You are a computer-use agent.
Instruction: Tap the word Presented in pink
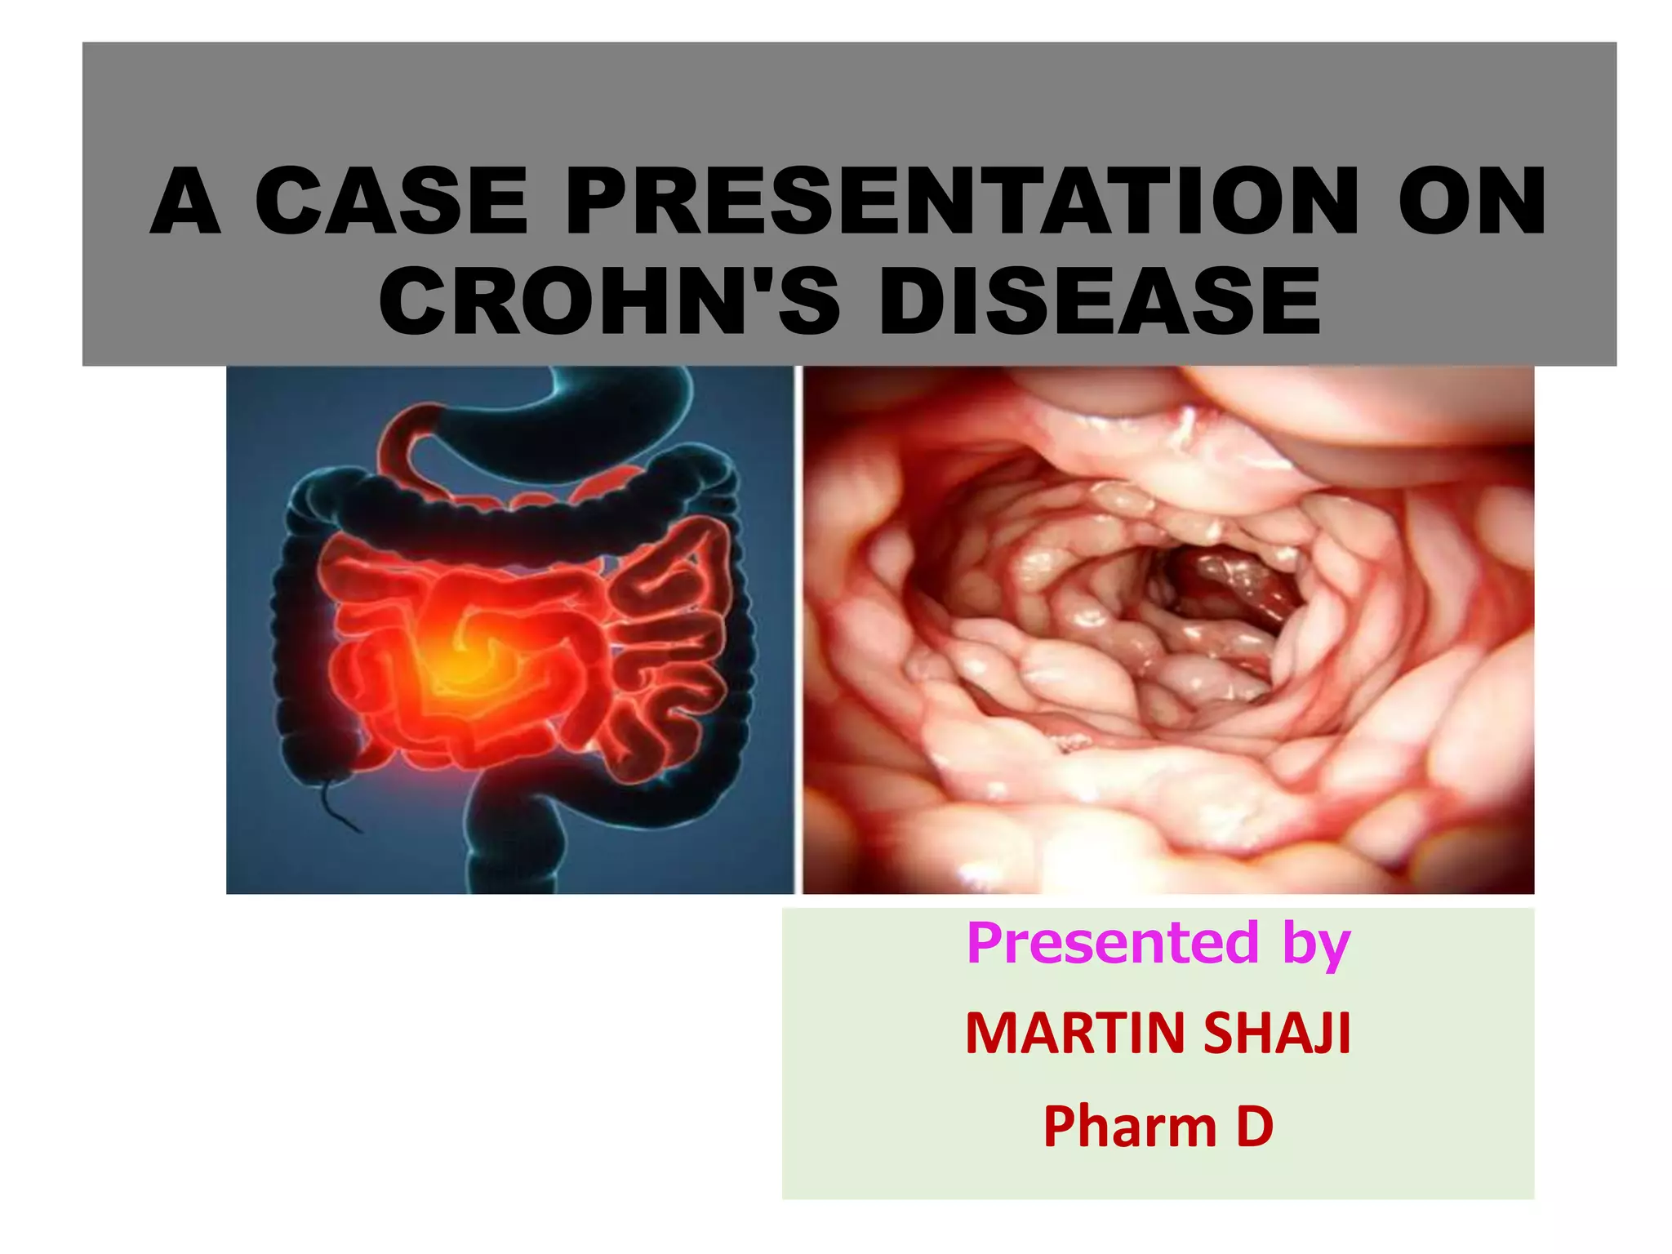[x=1113, y=943]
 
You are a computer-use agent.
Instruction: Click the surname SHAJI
[x=1277, y=1034]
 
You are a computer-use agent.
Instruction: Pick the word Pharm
[x=1129, y=1127]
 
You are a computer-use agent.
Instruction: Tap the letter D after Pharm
[x=1254, y=1127]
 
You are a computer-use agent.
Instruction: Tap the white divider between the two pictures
[x=798, y=629]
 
